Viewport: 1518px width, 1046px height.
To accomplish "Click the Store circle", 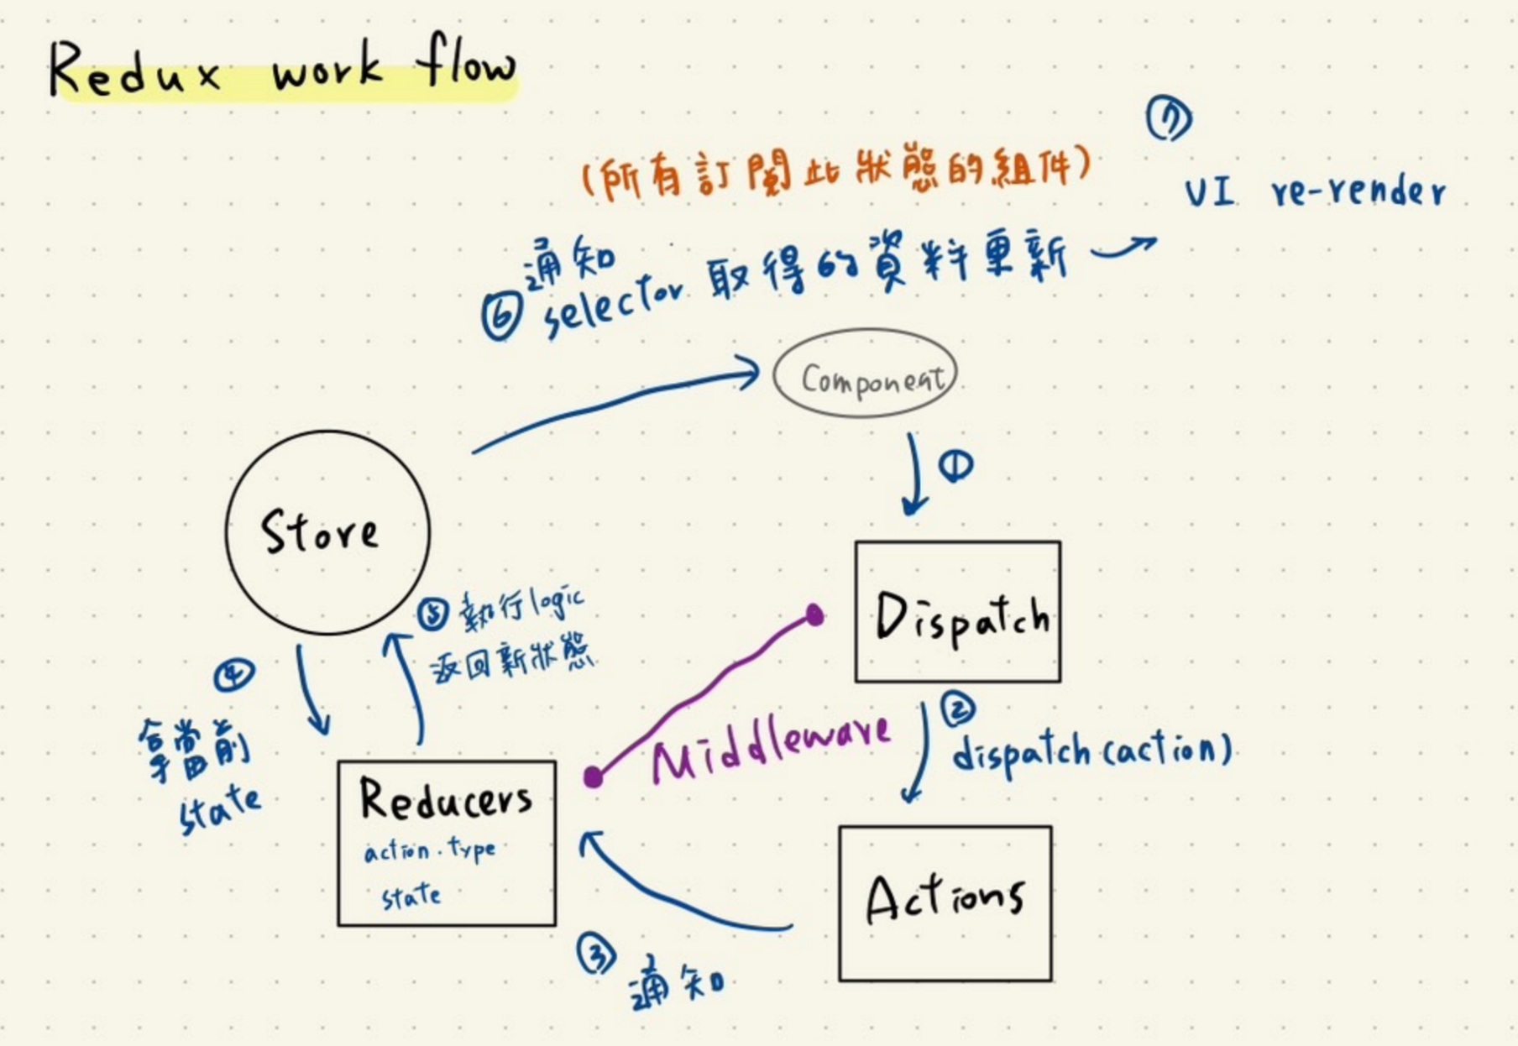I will [x=327, y=532].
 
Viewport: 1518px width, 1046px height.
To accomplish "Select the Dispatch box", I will [x=958, y=612].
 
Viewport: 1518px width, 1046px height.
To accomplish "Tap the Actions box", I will [x=945, y=903].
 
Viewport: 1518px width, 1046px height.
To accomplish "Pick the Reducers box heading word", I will [x=445, y=798].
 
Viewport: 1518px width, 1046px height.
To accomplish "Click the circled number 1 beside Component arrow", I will [x=955, y=466].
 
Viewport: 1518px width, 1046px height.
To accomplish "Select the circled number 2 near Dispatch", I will [x=958, y=709].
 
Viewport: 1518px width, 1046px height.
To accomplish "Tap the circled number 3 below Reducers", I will [x=596, y=954].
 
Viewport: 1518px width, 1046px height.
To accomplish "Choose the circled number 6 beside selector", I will [x=501, y=318].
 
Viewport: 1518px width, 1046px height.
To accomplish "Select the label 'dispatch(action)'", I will [x=1091, y=750].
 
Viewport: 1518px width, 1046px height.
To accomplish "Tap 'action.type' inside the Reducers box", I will [x=429, y=851].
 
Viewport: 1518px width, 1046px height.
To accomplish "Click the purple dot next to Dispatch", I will [x=814, y=615].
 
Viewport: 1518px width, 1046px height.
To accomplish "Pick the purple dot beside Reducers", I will [x=593, y=777].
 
